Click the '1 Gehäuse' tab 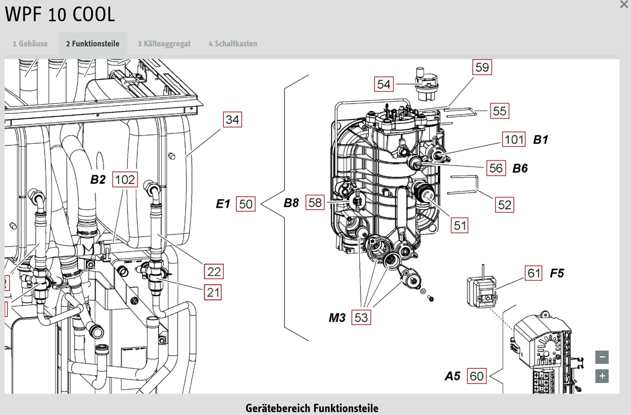tap(30, 44)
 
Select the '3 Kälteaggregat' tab tap(164, 44)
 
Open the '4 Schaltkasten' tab tap(233, 44)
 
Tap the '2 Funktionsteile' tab tap(93, 44)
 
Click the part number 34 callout tap(232, 119)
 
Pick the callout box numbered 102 tap(125, 179)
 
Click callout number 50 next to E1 tap(246, 204)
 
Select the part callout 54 tap(384, 84)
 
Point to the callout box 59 tap(482, 67)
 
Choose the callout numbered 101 tap(514, 139)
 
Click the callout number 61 tap(534, 273)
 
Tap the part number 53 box tap(361, 317)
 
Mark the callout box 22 tap(214, 271)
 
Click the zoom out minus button tap(602, 357)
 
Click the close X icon tap(624, 5)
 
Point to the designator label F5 tap(557, 273)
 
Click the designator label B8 tap(291, 203)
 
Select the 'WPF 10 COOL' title tap(60, 14)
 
